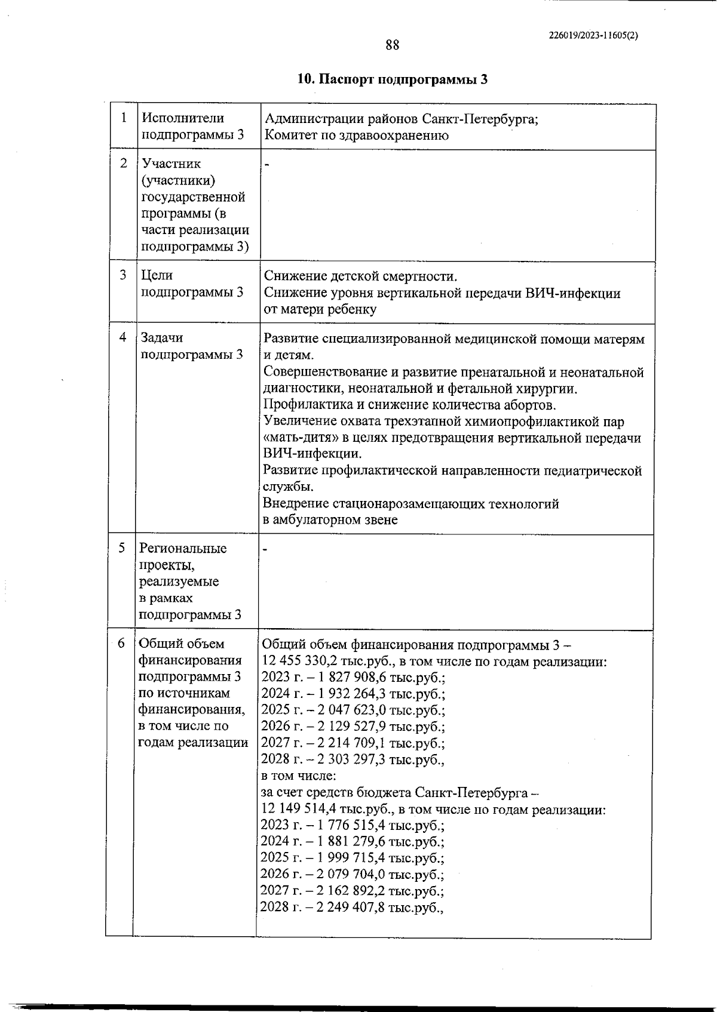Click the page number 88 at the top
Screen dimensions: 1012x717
[x=392, y=45]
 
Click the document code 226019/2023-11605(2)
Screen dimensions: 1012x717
[x=593, y=35]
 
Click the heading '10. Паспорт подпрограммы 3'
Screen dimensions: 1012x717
[x=393, y=79]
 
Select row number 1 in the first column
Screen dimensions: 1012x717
[x=124, y=118]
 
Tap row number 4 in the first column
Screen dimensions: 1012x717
[x=123, y=337]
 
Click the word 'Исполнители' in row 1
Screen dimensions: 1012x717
[x=183, y=118]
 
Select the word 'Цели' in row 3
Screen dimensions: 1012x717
[x=157, y=275]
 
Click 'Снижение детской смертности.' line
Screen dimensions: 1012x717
[x=360, y=276]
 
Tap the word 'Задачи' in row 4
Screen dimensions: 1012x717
[x=162, y=338]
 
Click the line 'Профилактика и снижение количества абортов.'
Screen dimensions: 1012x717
[x=409, y=405]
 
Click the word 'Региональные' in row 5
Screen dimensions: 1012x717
[x=183, y=548]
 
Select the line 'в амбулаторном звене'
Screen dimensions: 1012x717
[x=330, y=519]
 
